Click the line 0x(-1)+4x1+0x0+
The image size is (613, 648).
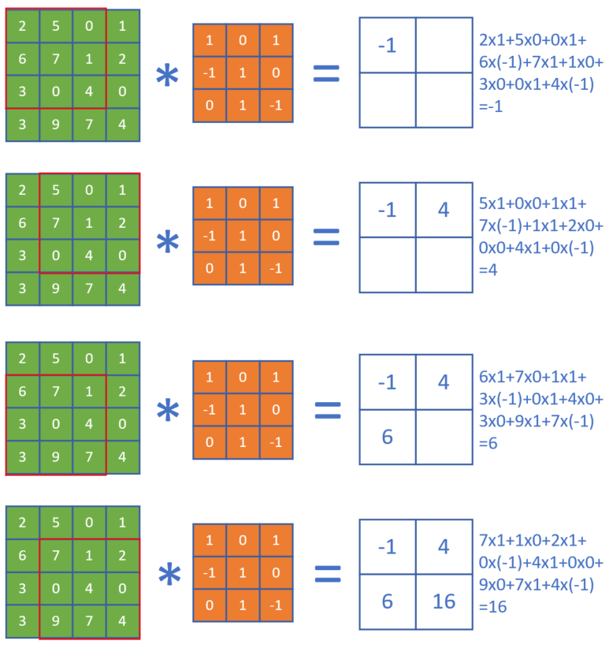tap(541, 563)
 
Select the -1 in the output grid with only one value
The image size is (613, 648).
tap(388, 46)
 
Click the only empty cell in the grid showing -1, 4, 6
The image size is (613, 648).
tap(444, 436)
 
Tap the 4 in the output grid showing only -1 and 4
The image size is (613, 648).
tap(444, 210)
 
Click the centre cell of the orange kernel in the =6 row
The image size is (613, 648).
tap(243, 409)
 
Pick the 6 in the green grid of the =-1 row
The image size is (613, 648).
tap(22, 59)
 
